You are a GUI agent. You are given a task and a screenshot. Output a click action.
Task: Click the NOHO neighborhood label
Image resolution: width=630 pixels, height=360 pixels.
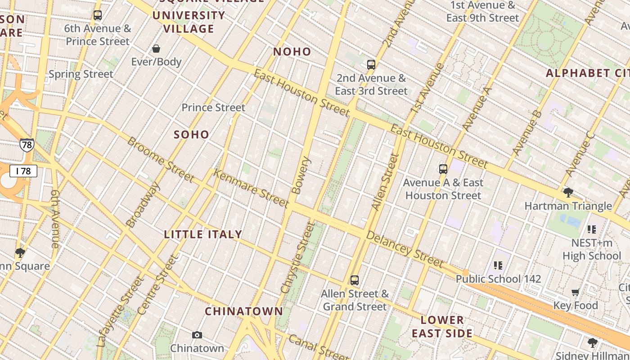tap(292, 52)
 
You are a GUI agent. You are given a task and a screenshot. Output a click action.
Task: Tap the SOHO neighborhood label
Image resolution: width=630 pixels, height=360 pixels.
tap(192, 135)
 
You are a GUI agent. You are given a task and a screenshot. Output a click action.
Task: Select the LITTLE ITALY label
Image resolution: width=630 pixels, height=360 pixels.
tap(203, 234)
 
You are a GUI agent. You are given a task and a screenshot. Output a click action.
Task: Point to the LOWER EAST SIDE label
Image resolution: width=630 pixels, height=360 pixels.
tap(442, 327)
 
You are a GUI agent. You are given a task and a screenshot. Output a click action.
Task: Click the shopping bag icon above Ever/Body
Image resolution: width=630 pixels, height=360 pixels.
tap(156, 49)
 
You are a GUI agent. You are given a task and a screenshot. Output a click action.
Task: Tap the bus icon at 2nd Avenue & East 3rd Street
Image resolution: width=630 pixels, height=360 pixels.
tap(371, 64)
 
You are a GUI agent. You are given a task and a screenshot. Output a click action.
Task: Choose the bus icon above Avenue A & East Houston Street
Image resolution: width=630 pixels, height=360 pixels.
tap(443, 169)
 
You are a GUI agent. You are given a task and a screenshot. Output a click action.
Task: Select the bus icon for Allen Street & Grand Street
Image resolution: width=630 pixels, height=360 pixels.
tap(355, 280)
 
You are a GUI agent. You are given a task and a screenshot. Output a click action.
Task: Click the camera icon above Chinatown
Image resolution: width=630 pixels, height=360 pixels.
tap(197, 335)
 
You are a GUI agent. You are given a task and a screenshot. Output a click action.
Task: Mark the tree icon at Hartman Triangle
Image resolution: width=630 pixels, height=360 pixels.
tap(568, 193)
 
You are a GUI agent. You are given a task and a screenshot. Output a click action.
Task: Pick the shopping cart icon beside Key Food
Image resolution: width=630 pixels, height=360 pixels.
tap(575, 292)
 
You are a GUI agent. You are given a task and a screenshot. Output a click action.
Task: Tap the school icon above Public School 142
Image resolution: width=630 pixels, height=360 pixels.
tap(498, 265)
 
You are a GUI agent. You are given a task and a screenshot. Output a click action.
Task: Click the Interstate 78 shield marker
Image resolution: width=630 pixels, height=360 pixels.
tap(27, 145)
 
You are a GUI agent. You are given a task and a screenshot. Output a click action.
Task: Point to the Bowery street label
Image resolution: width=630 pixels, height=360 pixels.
tap(301, 175)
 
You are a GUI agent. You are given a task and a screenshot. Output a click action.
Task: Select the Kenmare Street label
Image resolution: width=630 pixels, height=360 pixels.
tap(251, 188)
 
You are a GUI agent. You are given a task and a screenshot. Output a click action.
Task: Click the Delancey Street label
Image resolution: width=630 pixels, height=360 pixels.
tap(405, 249)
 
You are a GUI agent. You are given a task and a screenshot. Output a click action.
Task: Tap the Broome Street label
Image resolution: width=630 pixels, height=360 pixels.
tap(160, 160)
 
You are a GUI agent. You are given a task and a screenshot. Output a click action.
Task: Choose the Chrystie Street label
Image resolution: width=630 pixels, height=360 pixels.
tap(297, 257)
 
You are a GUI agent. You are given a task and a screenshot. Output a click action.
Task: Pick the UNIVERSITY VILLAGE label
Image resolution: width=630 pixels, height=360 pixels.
tap(189, 22)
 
